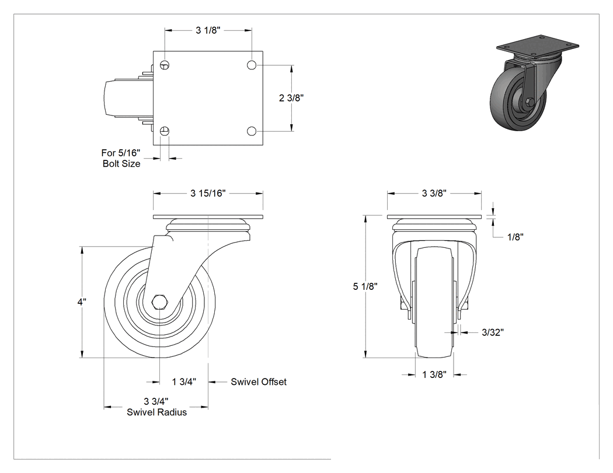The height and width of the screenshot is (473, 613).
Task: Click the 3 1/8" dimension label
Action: tap(208, 30)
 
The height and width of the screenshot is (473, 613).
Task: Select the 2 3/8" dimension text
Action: tap(291, 97)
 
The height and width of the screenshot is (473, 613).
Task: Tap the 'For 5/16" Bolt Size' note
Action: tap(121, 158)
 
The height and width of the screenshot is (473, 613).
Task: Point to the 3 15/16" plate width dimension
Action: tap(208, 193)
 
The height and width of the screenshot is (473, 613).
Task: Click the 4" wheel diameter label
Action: tap(82, 302)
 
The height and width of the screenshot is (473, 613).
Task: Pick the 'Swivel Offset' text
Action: tap(259, 381)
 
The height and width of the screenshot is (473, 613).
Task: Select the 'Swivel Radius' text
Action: tap(157, 412)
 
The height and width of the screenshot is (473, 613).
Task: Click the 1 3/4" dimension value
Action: tap(184, 381)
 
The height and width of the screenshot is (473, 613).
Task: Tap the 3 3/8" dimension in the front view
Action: tap(434, 193)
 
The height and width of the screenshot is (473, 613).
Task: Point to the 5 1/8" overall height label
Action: tap(365, 286)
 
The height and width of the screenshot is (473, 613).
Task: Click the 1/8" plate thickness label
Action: tap(516, 237)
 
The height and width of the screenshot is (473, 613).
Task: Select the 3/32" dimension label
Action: tap(493, 332)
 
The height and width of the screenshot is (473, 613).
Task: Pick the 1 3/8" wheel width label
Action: tap(434, 374)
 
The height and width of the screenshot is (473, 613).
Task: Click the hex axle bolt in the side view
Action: tap(159, 302)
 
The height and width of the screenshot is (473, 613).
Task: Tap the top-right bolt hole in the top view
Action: tap(252, 65)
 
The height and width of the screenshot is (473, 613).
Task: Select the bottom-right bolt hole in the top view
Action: tap(252, 131)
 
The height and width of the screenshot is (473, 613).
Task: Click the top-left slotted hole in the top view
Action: tap(165, 65)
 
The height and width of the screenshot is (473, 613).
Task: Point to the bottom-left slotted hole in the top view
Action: tap(165, 131)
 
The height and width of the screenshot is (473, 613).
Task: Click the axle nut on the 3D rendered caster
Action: tap(530, 102)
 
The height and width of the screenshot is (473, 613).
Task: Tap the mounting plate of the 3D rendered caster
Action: tap(538, 44)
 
